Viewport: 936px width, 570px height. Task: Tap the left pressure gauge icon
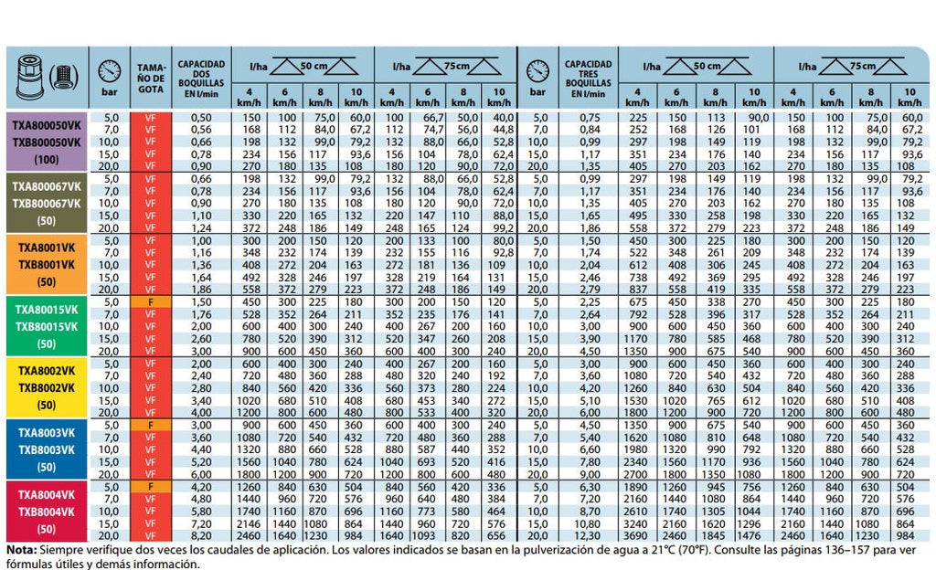coord(109,71)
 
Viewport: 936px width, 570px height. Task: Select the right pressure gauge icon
coord(538,71)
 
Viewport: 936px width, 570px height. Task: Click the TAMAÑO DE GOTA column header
coord(151,79)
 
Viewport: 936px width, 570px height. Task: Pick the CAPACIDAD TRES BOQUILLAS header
coord(588,79)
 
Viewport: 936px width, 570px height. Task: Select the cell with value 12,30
coord(588,535)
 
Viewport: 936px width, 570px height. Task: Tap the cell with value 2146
coord(248,525)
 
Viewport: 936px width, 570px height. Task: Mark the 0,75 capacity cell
coord(588,117)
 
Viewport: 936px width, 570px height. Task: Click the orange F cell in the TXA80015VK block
coord(151,300)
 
